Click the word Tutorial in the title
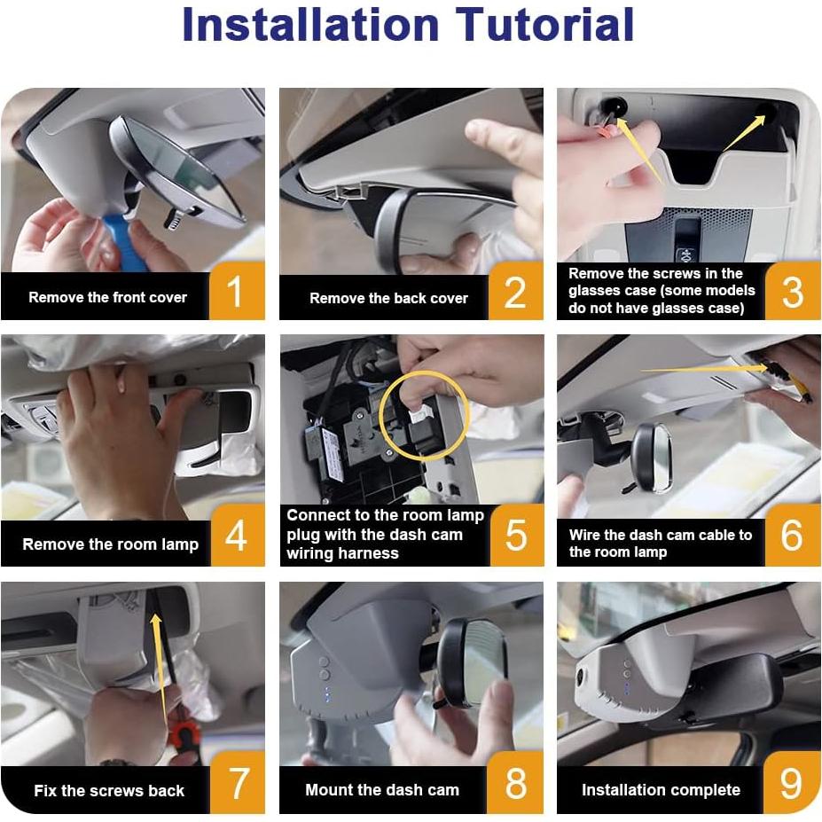(544, 25)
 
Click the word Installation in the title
(310, 25)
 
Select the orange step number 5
(515, 536)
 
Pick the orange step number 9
(791, 784)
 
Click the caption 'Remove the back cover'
(388, 298)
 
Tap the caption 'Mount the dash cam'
(382, 790)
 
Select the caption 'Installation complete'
(662, 790)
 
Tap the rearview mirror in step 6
(652, 458)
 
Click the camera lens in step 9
(580, 677)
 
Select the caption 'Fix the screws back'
(109, 791)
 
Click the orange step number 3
(792, 293)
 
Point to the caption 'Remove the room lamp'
(111, 544)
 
